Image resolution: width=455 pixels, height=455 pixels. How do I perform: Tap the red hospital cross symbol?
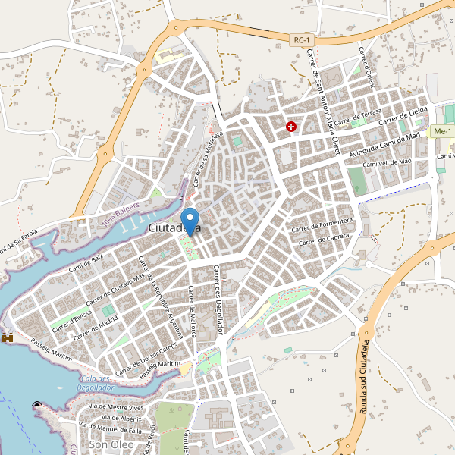290,127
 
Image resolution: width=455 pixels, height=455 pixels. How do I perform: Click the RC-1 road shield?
303,39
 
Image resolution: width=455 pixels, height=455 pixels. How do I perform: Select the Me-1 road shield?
441,132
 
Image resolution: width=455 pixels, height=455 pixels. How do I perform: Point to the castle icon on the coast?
8,336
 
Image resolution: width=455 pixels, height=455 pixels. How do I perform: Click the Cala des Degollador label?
95,383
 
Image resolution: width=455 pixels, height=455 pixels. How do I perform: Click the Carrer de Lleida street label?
403,116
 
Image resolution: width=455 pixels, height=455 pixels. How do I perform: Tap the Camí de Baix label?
86,262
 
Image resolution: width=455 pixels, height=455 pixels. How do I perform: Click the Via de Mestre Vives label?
116,407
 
